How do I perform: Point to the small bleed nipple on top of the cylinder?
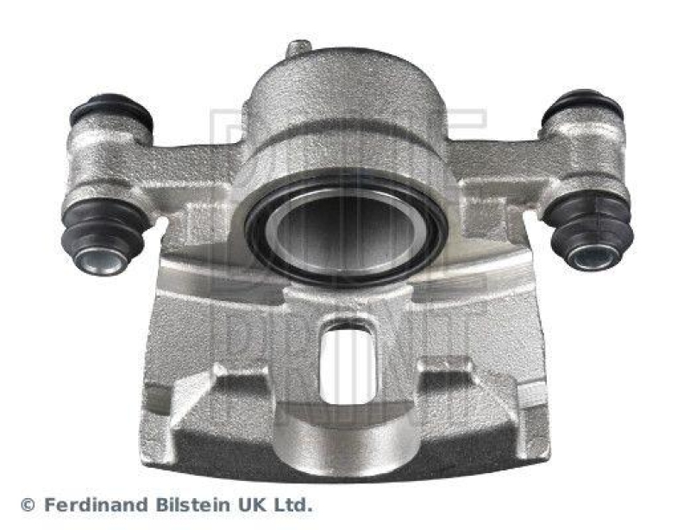(x=298, y=48)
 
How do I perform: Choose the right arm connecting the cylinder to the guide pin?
(x=500, y=164)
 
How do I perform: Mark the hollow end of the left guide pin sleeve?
(x=100, y=259)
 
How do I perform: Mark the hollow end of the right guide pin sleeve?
(x=594, y=254)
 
